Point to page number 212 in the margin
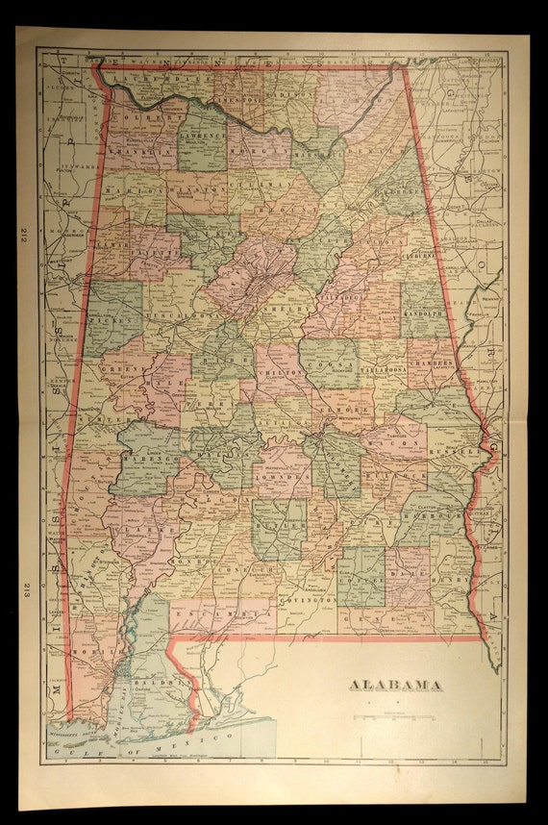coord(23,235)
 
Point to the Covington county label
coord(309,598)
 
